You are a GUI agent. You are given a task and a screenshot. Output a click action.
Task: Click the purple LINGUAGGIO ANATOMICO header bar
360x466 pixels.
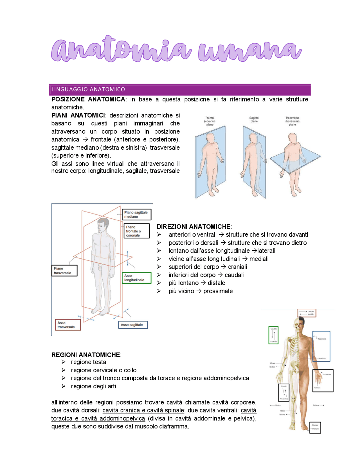click(179, 89)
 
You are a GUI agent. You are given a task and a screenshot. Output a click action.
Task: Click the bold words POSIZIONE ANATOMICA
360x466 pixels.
click(88, 99)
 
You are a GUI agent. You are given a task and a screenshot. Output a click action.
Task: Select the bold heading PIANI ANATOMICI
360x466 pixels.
click(78, 115)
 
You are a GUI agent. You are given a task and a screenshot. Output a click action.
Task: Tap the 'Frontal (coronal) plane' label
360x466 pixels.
click(210, 121)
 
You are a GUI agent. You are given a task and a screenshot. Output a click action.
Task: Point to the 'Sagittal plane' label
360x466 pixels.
click(254, 120)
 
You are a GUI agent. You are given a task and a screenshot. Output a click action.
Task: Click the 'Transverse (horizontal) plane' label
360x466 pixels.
click(292, 121)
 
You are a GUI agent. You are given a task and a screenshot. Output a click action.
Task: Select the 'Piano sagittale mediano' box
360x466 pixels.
click(136, 214)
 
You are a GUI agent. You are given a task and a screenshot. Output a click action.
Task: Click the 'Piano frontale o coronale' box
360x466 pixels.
click(136, 231)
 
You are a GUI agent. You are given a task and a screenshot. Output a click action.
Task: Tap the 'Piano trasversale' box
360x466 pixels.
click(64, 271)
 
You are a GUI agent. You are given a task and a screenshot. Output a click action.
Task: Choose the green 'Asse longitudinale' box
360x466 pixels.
click(136, 278)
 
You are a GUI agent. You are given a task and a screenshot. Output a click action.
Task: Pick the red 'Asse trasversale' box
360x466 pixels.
click(68, 325)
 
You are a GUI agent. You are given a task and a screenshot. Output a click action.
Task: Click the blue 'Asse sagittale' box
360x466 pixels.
click(133, 325)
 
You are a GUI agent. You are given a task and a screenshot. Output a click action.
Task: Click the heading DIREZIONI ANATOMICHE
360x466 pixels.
click(194, 227)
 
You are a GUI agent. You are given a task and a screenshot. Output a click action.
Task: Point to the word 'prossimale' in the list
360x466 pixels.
click(218, 291)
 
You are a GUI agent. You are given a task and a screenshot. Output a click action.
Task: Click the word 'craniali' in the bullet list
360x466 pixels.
click(237, 267)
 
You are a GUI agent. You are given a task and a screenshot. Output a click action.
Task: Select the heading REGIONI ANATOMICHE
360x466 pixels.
click(86, 355)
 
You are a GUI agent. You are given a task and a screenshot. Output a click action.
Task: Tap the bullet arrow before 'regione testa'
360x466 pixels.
click(64, 362)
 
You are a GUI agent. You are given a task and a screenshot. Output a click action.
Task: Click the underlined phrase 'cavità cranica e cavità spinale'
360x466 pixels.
click(143, 410)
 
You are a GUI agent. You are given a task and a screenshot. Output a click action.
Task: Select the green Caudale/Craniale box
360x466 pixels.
click(273, 335)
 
